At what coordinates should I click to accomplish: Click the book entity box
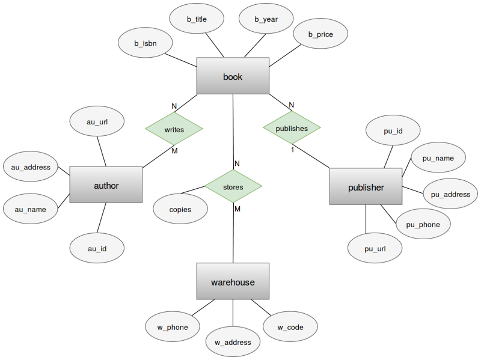(x=233, y=76)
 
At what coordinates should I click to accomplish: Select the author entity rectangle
(x=106, y=185)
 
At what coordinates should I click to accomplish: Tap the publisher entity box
(x=366, y=187)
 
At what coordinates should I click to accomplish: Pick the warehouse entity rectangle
(x=233, y=282)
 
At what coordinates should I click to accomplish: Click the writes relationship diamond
(x=174, y=129)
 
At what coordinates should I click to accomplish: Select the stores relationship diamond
(x=233, y=187)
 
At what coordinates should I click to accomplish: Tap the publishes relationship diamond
(x=292, y=128)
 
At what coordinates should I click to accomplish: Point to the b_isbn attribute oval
(x=146, y=44)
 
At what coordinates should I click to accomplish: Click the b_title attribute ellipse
(x=197, y=19)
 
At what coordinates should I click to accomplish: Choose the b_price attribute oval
(x=320, y=34)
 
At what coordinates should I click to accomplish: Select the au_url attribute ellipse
(x=97, y=122)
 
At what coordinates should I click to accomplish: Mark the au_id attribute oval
(x=97, y=248)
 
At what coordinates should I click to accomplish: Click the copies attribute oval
(x=180, y=210)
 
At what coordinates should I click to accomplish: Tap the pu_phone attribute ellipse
(x=423, y=225)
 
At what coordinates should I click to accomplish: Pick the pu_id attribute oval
(x=393, y=130)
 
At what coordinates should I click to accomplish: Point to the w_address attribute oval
(x=233, y=343)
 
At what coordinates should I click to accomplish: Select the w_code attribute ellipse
(x=290, y=328)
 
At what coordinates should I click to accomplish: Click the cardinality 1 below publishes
(x=293, y=150)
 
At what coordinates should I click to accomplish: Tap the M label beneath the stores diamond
(x=237, y=209)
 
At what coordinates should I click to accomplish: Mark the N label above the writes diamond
(x=174, y=106)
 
